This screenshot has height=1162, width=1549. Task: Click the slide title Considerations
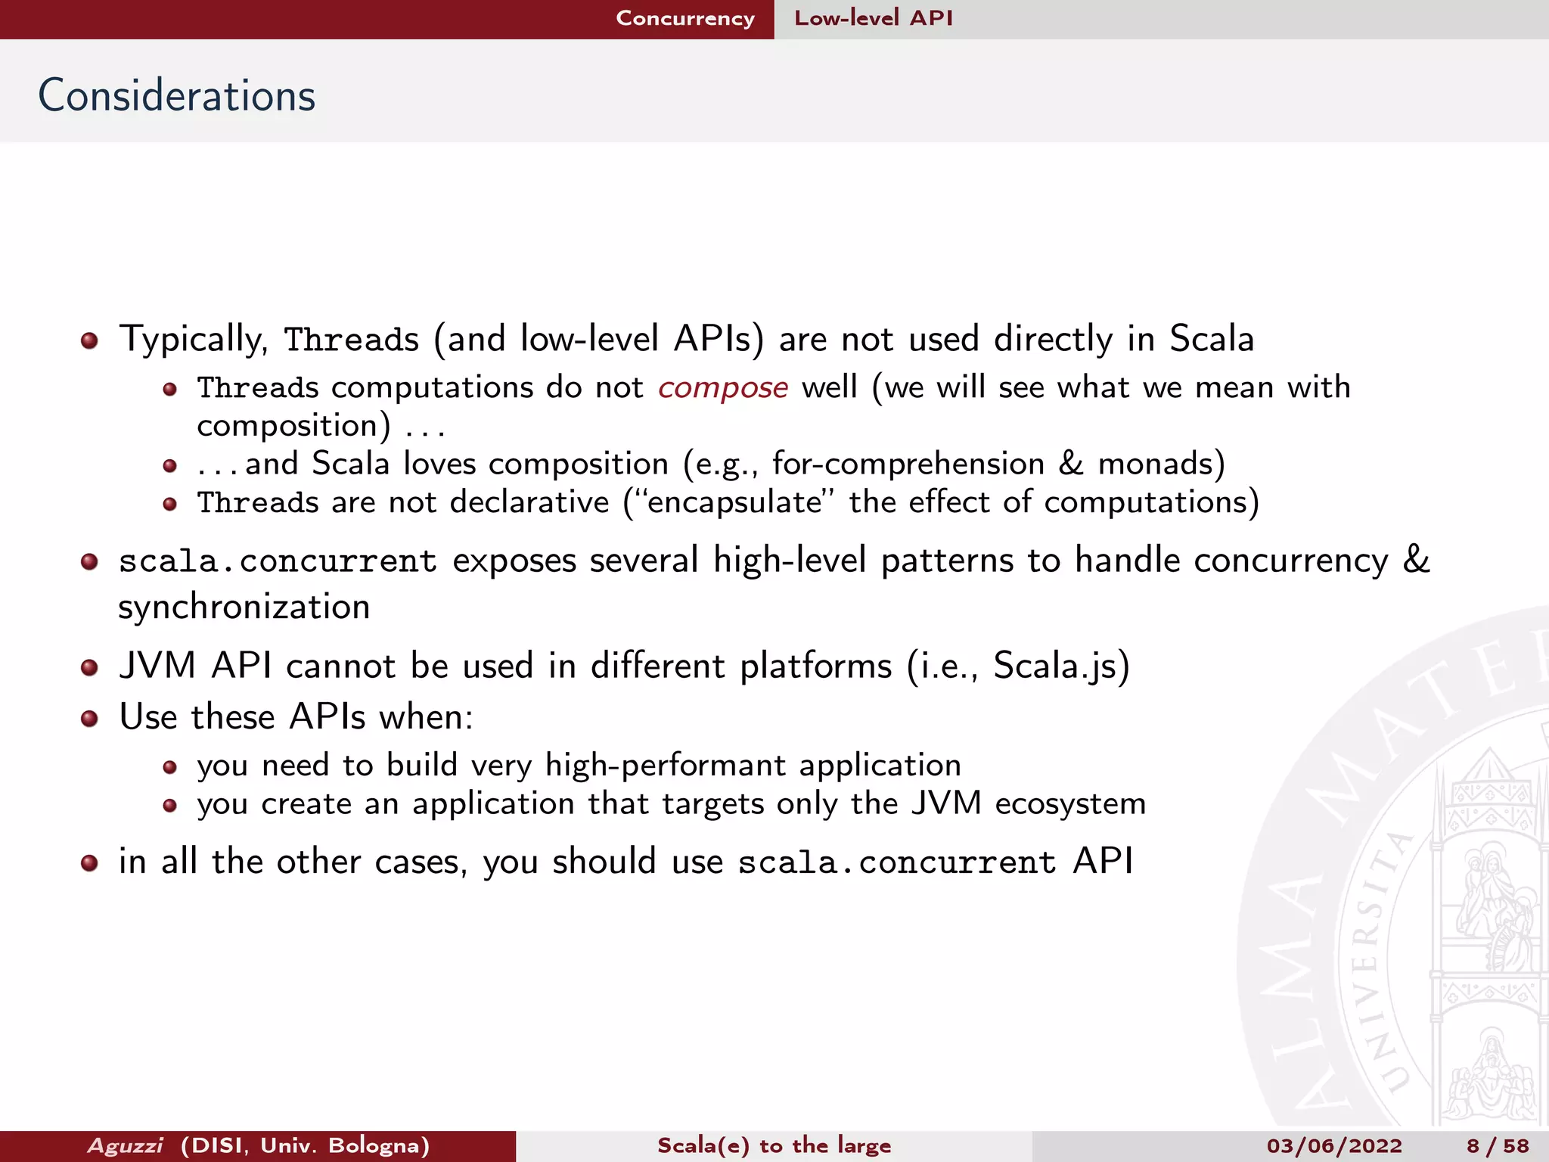[x=176, y=96]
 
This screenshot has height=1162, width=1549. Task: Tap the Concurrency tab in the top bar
[x=684, y=18]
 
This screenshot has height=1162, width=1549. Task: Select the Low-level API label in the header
[x=873, y=18]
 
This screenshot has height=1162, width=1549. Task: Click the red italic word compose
[x=722, y=388]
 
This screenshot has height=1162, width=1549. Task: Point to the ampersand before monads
[x=1070, y=464]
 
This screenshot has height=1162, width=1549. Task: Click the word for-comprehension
[x=908, y=464]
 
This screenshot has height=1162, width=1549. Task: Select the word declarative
[x=529, y=502]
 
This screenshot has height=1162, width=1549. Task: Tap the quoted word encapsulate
[x=734, y=503]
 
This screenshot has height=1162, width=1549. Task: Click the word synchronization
[x=244, y=607]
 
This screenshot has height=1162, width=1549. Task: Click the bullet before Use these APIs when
[x=89, y=718]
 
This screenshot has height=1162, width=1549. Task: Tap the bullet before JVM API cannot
[x=89, y=667]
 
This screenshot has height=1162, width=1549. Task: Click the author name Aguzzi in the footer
[x=125, y=1145]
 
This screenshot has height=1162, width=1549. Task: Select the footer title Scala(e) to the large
[x=774, y=1145]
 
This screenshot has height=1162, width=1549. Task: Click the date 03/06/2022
[x=1333, y=1145]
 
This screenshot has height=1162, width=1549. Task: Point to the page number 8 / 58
[x=1497, y=1145]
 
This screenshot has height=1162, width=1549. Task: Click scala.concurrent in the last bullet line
[x=896, y=863]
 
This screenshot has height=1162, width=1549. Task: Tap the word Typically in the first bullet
[x=193, y=340]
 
